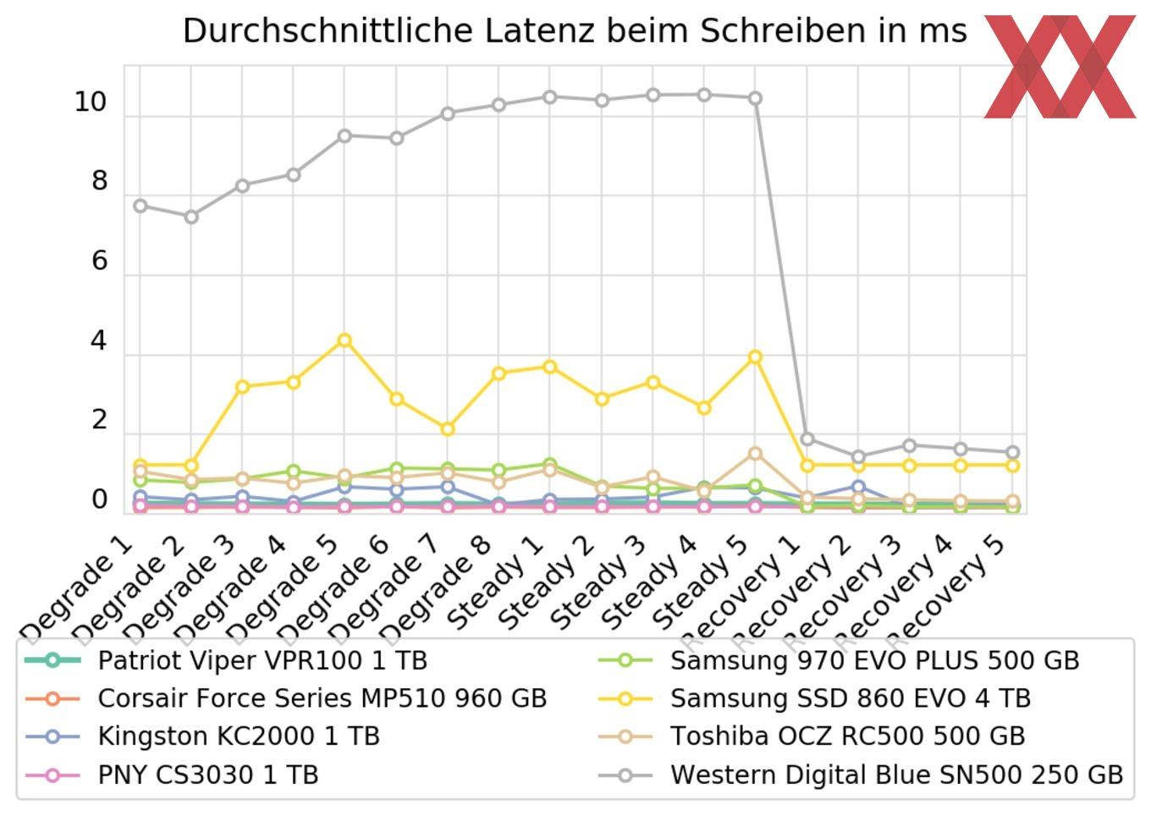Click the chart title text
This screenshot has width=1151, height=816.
[x=575, y=31]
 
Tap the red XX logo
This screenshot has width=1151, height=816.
[x=1060, y=66]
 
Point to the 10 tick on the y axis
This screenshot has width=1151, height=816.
[x=91, y=102]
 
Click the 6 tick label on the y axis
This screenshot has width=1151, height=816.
[x=100, y=261]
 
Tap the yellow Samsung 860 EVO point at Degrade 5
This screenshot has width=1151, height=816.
[x=344, y=340]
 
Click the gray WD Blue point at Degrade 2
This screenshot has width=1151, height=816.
[x=191, y=217]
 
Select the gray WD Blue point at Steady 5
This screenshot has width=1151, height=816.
[x=756, y=98]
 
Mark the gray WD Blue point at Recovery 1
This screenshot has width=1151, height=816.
[x=807, y=439]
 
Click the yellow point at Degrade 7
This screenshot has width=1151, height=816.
[x=448, y=429]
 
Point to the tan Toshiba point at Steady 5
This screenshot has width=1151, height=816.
[x=756, y=454]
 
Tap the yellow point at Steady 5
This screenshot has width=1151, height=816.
[x=756, y=357]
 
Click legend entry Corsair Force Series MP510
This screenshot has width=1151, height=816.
[x=322, y=698]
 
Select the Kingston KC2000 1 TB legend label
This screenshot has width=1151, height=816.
[x=239, y=736]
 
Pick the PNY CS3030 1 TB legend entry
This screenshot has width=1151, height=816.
[x=208, y=775]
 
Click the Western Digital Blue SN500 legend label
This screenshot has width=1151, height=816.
[x=896, y=775]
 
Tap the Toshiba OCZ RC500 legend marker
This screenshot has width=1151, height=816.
[x=625, y=736]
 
